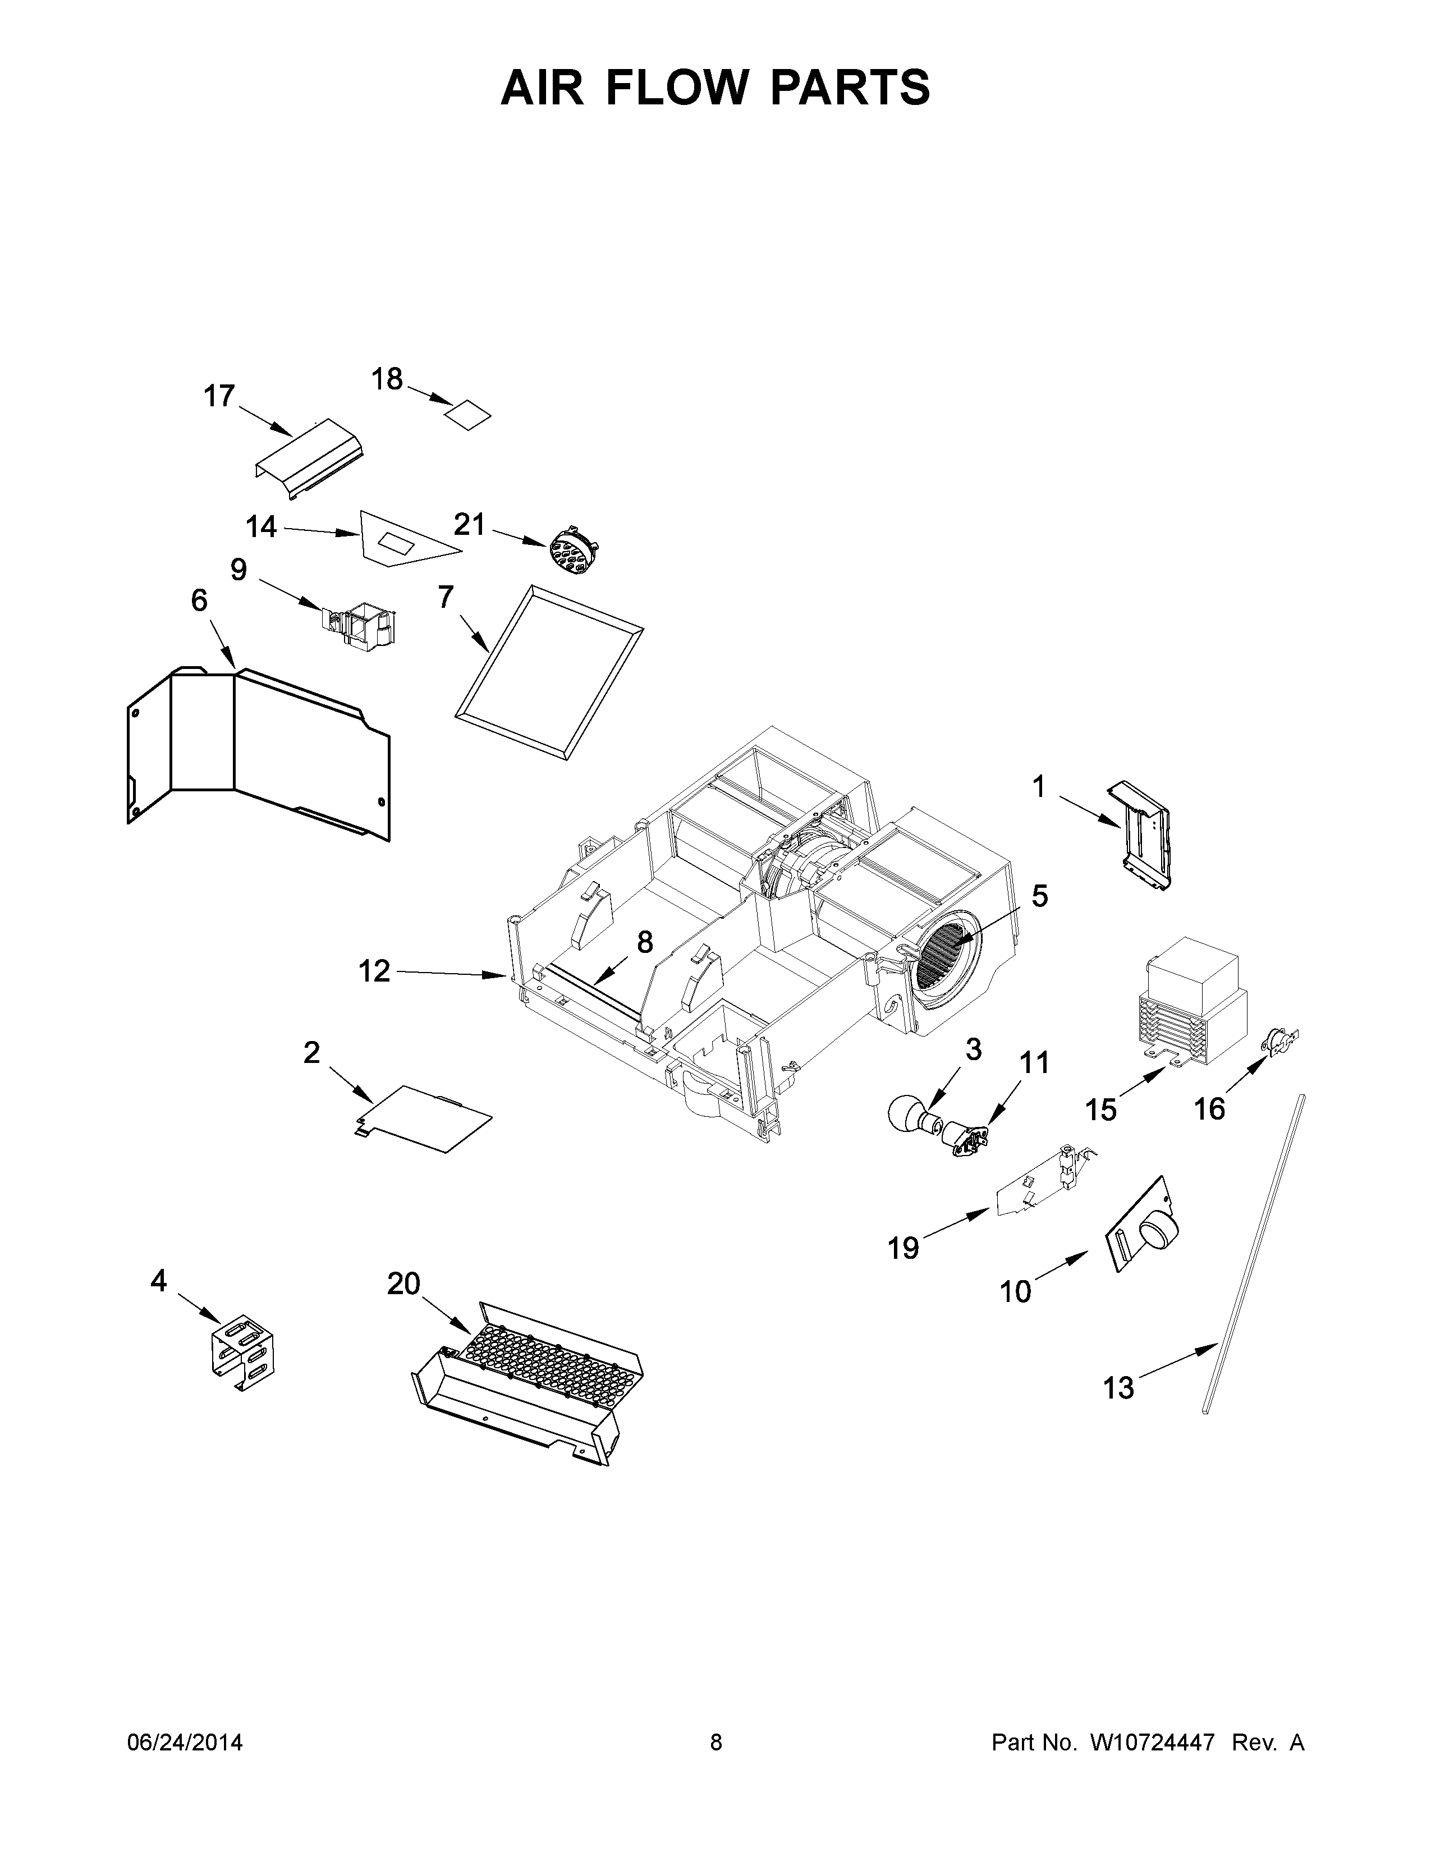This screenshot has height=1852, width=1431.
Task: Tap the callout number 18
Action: point(387,379)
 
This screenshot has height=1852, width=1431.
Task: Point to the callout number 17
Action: point(219,396)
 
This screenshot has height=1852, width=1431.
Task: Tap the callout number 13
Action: point(1118,1388)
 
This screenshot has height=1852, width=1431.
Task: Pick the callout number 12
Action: point(374,970)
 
